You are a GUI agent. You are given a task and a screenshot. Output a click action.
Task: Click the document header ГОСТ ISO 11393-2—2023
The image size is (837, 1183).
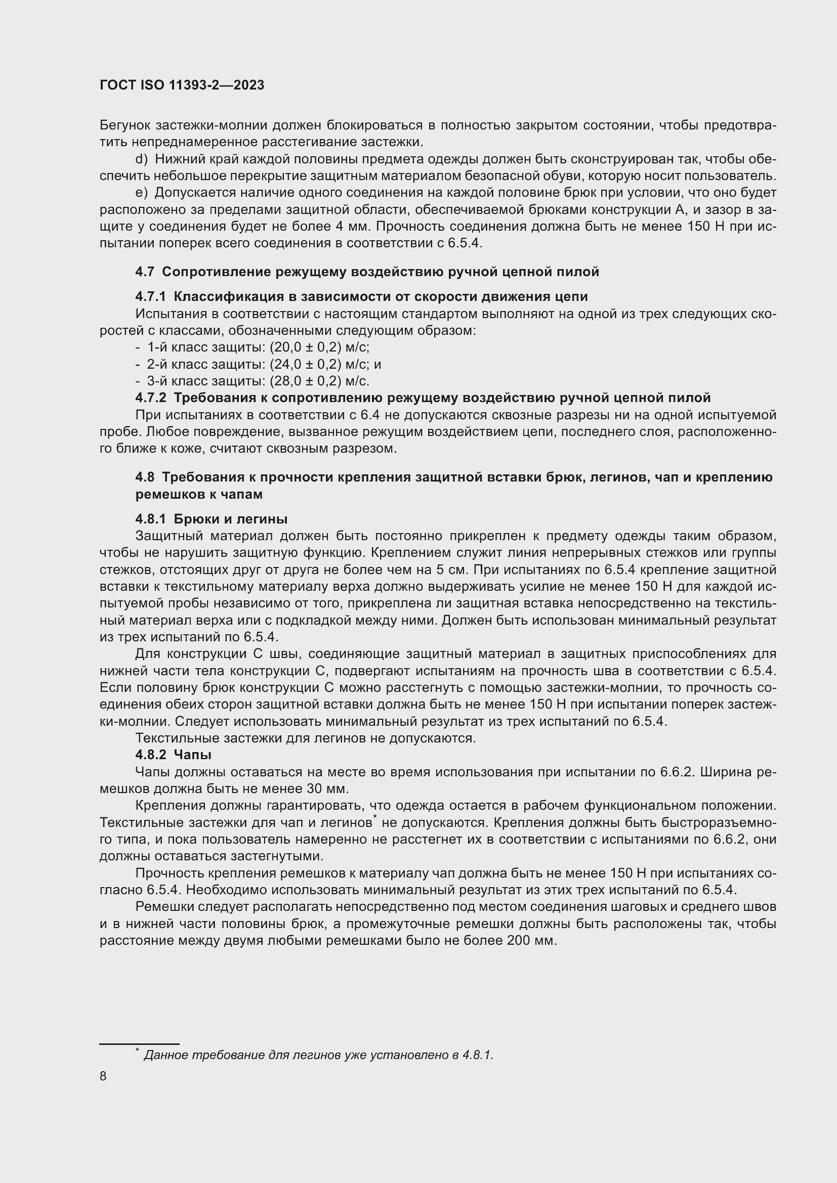[x=182, y=85]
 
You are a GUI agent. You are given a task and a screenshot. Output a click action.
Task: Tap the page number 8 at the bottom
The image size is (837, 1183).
[x=103, y=1076]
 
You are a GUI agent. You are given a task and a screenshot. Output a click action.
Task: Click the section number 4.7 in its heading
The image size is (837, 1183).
[x=145, y=272]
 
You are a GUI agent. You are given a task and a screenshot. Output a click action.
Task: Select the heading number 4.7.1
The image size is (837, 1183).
[x=150, y=297]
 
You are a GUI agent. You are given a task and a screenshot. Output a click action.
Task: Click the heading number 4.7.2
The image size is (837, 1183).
[x=150, y=398]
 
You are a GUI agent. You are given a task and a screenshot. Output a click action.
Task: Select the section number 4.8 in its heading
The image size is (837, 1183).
[x=145, y=477]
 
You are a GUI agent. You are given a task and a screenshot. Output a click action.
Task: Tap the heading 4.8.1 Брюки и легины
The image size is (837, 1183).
[x=212, y=519]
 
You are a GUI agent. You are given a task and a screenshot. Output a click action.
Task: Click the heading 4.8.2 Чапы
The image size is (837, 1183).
[x=173, y=755]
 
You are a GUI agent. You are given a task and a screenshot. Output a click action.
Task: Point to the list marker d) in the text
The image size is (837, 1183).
[x=141, y=159]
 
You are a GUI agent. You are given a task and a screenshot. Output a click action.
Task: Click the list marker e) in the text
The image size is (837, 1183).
[x=141, y=193]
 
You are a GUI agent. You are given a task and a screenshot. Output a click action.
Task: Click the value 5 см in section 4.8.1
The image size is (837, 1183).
[x=452, y=570]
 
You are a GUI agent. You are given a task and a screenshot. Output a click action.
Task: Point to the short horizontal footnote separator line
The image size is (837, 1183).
[x=139, y=1044]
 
